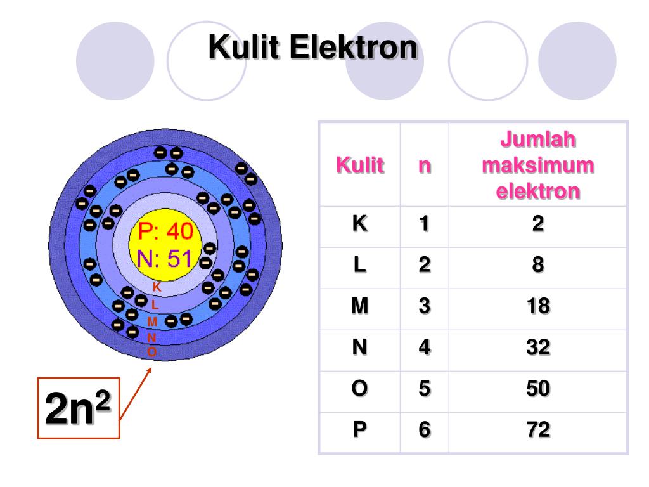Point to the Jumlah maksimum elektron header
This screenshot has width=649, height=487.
click(537, 164)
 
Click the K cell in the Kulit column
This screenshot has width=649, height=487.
click(359, 224)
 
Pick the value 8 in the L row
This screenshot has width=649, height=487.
click(537, 265)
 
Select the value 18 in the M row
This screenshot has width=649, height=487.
click(537, 306)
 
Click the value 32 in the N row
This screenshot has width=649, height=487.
click(537, 347)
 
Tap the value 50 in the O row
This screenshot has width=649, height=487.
click(537, 389)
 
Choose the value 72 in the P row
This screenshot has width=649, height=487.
click(537, 430)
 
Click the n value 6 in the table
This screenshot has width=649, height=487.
click(424, 430)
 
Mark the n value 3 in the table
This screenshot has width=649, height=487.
click(424, 306)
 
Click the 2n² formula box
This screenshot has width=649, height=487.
click(78, 409)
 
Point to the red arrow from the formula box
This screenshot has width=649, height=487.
click(136, 393)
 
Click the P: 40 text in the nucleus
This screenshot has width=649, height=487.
click(165, 232)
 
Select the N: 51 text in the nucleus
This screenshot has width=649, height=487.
click(164, 258)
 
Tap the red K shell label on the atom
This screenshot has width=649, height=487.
click(157, 287)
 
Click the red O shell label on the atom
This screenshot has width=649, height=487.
click(151, 351)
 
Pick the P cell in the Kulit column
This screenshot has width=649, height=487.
click(359, 430)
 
